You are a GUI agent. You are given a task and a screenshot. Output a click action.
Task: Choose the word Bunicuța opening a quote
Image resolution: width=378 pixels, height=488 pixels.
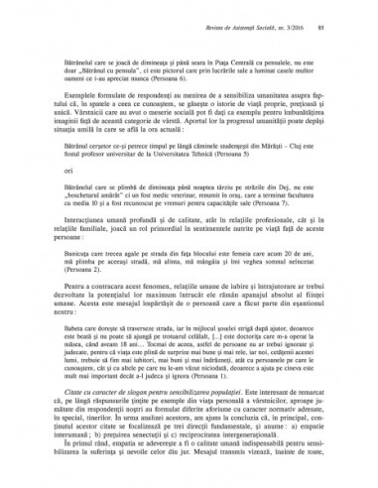[85, 251]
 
